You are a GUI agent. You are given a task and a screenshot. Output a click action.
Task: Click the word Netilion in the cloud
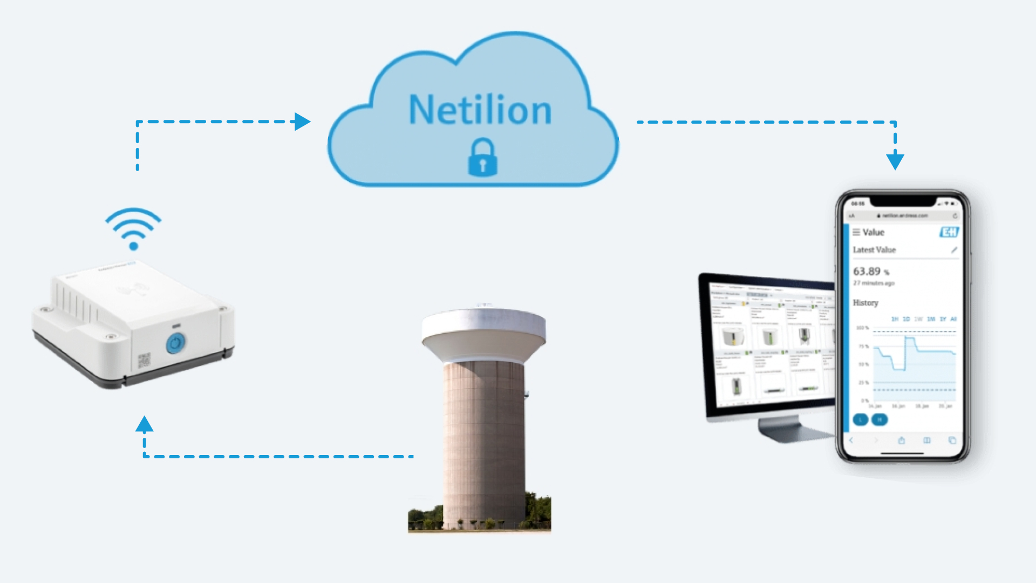coord(480,110)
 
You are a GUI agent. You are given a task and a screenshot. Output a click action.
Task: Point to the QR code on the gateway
coord(144,360)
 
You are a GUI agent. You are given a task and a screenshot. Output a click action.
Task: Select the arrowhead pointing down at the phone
coord(895,161)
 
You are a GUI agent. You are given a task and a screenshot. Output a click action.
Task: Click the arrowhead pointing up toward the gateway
coord(144,424)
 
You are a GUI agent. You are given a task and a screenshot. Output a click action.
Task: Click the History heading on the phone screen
coord(865,303)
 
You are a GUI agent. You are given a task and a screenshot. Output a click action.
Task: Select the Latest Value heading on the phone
coord(874,250)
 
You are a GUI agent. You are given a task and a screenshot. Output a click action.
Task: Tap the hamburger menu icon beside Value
coord(856,232)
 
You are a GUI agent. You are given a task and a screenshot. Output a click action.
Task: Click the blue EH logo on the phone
coord(949,232)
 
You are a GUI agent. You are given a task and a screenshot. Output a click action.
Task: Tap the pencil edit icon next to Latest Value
coord(954,250)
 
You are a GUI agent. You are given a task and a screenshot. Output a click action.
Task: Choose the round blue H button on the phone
coord(880,419)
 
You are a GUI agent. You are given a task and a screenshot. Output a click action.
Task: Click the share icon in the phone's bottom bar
coord(902,440)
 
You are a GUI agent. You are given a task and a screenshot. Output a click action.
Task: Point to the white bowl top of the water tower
coord(483,333)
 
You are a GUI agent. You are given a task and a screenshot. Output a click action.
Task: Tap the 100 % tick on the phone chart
coord(863,328)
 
